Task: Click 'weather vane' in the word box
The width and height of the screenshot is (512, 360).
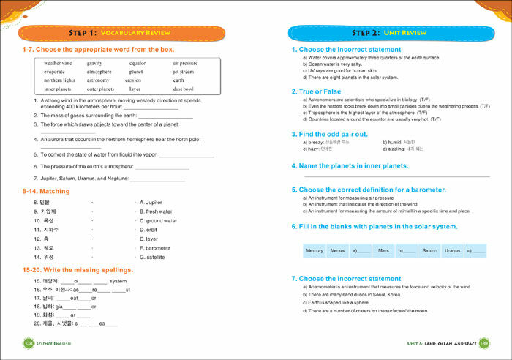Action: click(59, 64)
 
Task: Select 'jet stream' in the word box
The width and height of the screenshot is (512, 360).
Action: click(184, 72)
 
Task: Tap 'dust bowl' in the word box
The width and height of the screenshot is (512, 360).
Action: click(182, 89)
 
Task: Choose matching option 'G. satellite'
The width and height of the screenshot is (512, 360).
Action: click(152, 257)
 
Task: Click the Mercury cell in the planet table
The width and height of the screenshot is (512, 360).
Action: click(315, 250)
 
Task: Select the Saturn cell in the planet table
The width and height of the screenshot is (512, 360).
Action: click(429, 250)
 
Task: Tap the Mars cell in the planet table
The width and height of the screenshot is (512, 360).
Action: click(383, 250)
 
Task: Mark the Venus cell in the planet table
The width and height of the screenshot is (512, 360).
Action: click(337, 250)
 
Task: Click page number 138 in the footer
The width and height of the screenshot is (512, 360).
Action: click(29, 343)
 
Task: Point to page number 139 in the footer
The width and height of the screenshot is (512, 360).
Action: click(484, 343)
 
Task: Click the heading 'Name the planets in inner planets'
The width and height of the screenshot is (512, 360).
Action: click(354, 166)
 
